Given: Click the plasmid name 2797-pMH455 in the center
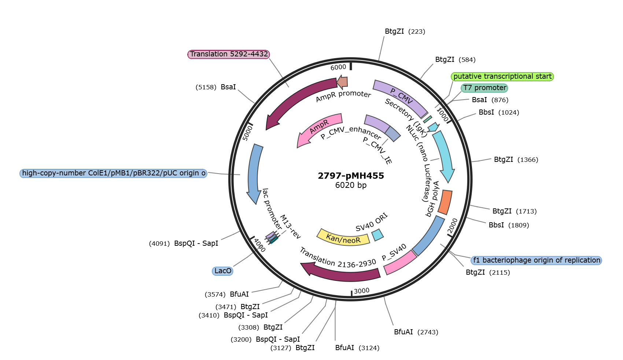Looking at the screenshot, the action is pos(351,176).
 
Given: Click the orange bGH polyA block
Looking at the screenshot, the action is pos(445,203).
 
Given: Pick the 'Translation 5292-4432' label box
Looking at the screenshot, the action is pos(229,54).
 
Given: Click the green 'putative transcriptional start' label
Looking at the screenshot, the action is pos(502,77).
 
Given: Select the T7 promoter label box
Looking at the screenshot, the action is pos(484,88).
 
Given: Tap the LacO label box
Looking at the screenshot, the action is pos(222,271).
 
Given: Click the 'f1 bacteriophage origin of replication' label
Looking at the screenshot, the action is pos(537,260).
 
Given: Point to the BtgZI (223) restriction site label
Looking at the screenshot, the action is pos(405,31).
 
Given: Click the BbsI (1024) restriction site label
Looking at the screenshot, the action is pos(499,112).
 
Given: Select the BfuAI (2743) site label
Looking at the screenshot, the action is pos(416,332).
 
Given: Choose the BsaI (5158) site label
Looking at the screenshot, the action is pos(215,87).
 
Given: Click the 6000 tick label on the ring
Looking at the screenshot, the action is pos(338,67).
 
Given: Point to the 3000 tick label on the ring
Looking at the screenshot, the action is pos(362,291).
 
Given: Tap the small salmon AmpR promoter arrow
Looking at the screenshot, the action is pos(342,82).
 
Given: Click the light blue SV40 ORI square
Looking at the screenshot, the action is pos(378,235).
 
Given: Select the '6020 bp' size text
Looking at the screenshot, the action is pos(351,185).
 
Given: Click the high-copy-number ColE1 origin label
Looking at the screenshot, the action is pos(114,173).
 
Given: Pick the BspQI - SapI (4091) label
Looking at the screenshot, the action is pos(184,244).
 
